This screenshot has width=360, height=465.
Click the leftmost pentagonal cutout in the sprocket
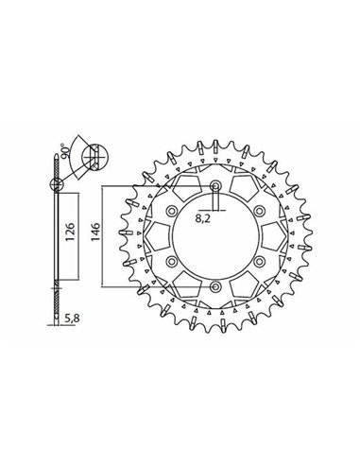click(157, 236)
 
